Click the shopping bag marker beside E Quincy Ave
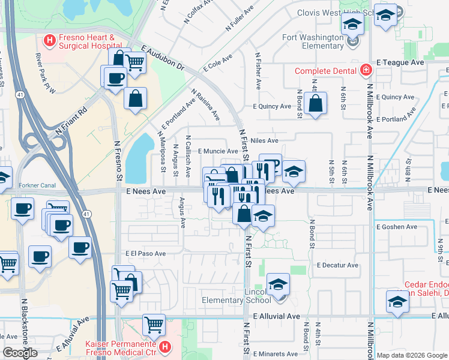(x=315, y=104)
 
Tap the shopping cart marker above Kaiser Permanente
(x=154, y=325)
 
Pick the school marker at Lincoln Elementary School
(x=278, y=285)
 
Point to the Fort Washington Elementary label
(x=313, y=41)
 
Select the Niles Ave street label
(x=264, y=140)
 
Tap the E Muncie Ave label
(x=218, y=151)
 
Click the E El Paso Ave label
(x=145, y=254)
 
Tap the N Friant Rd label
(x=71, y=120)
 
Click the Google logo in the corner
(x=20, y=353)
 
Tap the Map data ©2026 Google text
(x=411, y=355)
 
